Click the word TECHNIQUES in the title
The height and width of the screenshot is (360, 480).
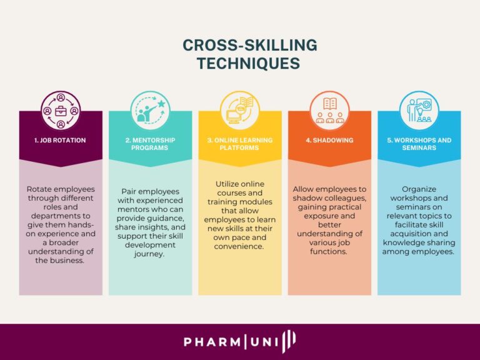point(249,63)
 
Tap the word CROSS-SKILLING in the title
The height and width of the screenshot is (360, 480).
point(249,46)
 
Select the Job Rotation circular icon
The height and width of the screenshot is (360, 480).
point(61,111)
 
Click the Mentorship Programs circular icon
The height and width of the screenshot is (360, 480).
point(150,111)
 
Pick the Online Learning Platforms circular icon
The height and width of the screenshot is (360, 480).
point(240,111)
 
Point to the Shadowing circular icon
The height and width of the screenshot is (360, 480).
point(329,111)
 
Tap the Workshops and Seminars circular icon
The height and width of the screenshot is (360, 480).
point(419,111)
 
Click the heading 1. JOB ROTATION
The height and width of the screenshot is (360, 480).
point(61,141)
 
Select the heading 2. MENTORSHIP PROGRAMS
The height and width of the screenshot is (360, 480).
point(150,144)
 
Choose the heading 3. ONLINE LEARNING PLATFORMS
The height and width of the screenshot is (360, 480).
point(240,144)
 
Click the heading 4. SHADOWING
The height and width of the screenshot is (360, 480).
point(329,141)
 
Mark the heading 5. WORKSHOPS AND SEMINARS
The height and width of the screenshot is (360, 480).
point(419,144)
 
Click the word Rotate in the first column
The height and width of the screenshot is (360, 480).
point(40,189)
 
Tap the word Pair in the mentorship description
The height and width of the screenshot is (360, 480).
point(130,191)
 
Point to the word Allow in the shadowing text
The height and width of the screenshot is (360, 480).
point(304,189)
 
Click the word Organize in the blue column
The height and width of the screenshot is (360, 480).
point(419,189)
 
